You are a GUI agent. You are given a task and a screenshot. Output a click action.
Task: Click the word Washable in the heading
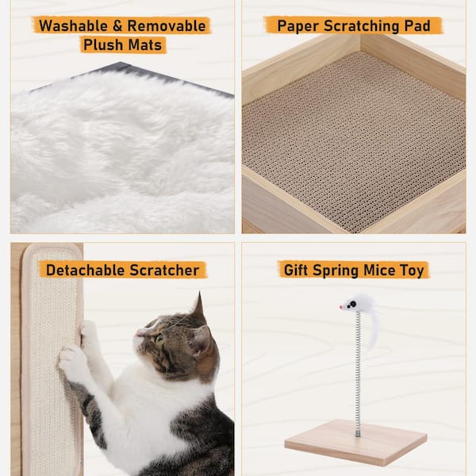(x=73, y=26)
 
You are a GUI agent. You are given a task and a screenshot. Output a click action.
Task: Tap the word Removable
(x=167, y=26)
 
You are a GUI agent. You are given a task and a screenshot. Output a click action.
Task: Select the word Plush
(x=102, y=45)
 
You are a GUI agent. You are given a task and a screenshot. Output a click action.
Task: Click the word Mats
(x=145, y=45)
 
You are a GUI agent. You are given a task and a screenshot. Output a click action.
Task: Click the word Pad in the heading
(x=417, y=26)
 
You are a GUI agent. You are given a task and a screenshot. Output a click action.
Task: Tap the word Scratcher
(x=164, y=271)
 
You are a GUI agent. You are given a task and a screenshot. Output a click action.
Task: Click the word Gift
(x=295, y=270)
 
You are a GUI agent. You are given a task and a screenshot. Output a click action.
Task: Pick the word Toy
(x=412, y=271)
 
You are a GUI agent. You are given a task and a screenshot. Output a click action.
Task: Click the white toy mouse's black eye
(x=352, y=304)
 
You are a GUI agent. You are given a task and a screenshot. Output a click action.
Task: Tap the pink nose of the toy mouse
(x=341, y=307)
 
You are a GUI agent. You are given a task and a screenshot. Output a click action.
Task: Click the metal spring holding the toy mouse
(x=359, y=374)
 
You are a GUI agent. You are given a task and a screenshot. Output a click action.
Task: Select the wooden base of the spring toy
(x=355, y=442)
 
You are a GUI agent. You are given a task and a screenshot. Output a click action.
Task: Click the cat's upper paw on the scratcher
(x=87, y=333)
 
